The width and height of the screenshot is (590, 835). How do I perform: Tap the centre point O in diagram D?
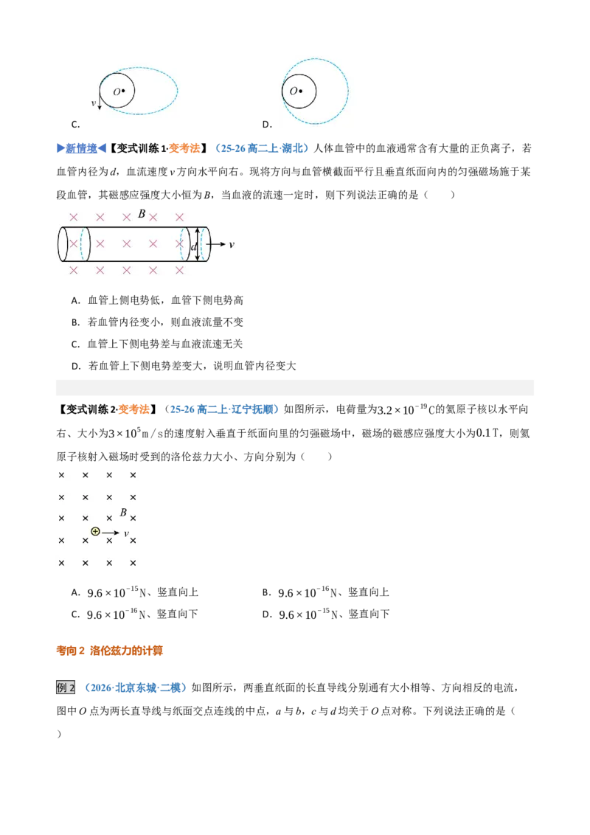point(301,91)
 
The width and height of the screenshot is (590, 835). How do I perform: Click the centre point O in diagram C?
point(123,91)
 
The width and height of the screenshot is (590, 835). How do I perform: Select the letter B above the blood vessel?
point(142,213)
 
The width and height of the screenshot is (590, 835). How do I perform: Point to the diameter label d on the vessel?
point(193,246)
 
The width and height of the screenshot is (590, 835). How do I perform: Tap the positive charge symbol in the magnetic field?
point(95,531)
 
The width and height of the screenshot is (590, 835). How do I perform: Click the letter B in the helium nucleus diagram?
point(124,513)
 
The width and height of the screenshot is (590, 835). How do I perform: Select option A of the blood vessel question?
point(157,300)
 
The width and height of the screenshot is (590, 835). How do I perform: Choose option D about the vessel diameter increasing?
point(183,366)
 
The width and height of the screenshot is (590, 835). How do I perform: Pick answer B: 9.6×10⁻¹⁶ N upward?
point(325,592)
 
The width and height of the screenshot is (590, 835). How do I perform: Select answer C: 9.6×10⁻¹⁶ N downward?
point(134,614)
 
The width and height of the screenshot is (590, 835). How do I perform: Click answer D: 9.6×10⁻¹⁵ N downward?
point(325,614)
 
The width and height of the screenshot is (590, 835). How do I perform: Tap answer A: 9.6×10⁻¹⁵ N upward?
point(134,592)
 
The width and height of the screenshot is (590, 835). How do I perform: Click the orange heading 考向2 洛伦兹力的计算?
point(110,650)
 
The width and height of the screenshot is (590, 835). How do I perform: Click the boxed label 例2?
point(66,687)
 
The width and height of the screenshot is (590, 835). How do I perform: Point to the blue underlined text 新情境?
point(81,148)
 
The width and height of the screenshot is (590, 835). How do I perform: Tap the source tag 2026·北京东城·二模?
point(136,687)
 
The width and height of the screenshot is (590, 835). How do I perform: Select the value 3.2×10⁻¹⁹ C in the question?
point(406,409)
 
